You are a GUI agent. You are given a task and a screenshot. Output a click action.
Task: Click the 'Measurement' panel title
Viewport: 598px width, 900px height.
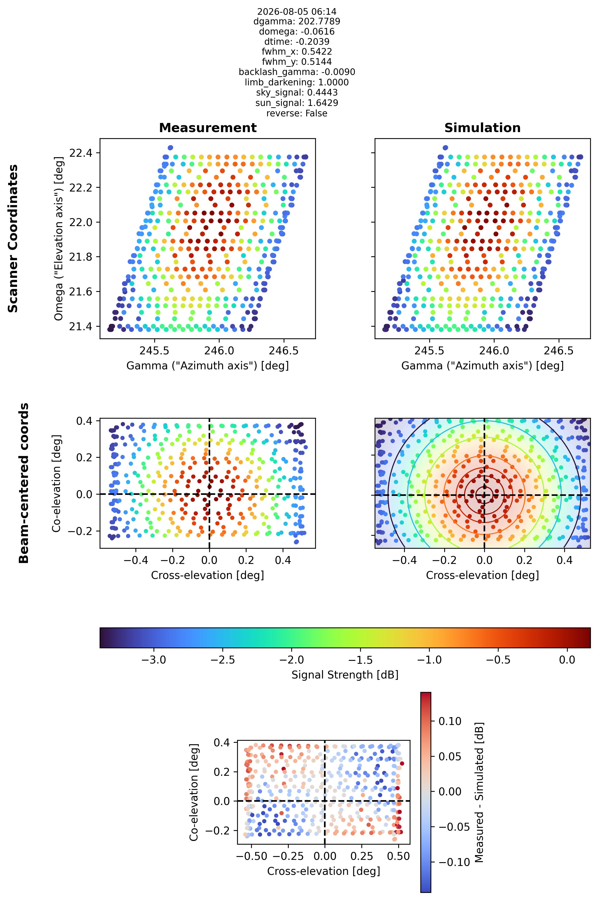coord(208,128)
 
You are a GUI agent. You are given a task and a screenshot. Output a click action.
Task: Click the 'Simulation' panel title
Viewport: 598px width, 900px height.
coord(482,128)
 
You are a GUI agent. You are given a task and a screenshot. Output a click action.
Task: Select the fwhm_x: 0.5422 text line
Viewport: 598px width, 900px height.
coord(297,52)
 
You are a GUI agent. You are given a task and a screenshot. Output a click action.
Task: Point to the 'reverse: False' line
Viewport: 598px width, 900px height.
coord(297,113)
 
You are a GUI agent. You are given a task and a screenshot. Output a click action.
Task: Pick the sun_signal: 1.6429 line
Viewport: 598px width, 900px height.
coord(297,103)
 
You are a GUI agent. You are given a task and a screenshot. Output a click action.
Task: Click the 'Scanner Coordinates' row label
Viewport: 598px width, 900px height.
coord(13,239)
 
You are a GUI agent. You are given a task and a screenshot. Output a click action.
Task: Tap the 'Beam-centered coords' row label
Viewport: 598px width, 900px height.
coord(24,483)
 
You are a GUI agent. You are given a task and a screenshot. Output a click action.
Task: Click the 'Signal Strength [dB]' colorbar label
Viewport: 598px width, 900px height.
coord(345,675)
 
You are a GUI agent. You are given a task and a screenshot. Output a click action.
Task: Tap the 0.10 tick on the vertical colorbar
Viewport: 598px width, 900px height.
coord(450,721)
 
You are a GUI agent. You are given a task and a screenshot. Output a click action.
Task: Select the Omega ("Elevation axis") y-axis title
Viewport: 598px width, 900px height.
coord(58,239)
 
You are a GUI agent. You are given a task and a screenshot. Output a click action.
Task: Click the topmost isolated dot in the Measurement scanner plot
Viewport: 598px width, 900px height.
coord(171,148)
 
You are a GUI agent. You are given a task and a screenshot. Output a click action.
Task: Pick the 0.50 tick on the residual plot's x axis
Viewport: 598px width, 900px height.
coord(398,856)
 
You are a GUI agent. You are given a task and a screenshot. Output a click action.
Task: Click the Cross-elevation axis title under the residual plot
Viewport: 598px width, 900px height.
coord(324,871)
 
